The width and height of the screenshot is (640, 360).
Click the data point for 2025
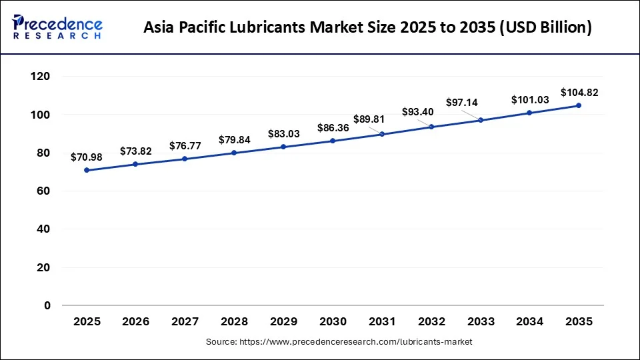click(x=87, y=170)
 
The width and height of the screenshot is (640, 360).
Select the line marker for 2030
click(x=333, y=141)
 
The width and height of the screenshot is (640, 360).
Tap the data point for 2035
click(x=578, y=105)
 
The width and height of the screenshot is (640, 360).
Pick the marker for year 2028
click(x=234, y=153)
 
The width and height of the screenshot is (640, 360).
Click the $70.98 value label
click(x=87, y=157)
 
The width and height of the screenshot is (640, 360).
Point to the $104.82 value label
click(x=579, y=93)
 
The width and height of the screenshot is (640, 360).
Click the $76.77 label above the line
click(x=185, y=145)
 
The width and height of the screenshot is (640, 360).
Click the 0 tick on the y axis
click(x=47, y=305)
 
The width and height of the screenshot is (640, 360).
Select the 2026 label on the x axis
click(x=136, y=321)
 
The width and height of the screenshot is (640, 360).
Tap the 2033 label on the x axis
click(x=480, y=321)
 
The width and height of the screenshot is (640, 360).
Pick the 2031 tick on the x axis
click(x=382, y=321)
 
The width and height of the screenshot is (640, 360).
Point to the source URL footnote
click(x=339, y=342)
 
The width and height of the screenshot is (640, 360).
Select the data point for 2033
click(x=480, y=120)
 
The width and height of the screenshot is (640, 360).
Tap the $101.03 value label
click(x=529, y=100)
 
